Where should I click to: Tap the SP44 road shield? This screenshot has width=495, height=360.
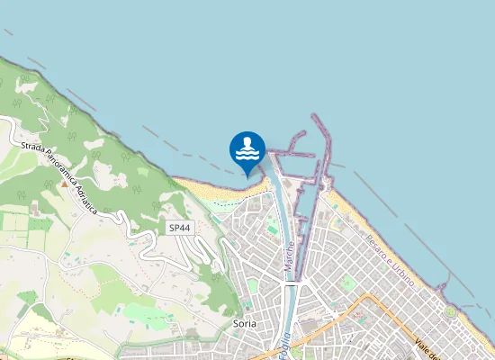179,229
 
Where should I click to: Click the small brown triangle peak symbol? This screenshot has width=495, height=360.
64,183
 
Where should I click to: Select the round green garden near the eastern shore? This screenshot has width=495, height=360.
450,311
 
